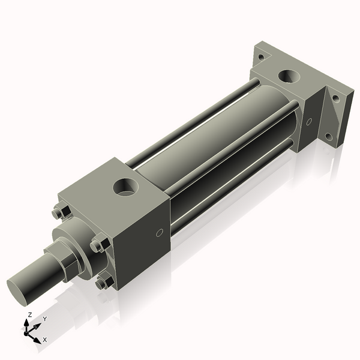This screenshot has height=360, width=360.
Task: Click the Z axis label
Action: [x=29, y=314]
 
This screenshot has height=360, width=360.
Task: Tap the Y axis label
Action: [x=44, y=319]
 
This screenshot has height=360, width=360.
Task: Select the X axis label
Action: [x=44, y=340]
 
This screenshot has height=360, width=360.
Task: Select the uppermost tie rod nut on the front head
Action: [x=58, y=212]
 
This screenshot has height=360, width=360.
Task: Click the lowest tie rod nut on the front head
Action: [x=103, y=281]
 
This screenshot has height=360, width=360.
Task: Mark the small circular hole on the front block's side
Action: [x=160, y=233]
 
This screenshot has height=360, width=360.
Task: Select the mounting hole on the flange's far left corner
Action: [x=261, y=58]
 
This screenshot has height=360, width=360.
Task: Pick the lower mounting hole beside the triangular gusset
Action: [x=329, y=136]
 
